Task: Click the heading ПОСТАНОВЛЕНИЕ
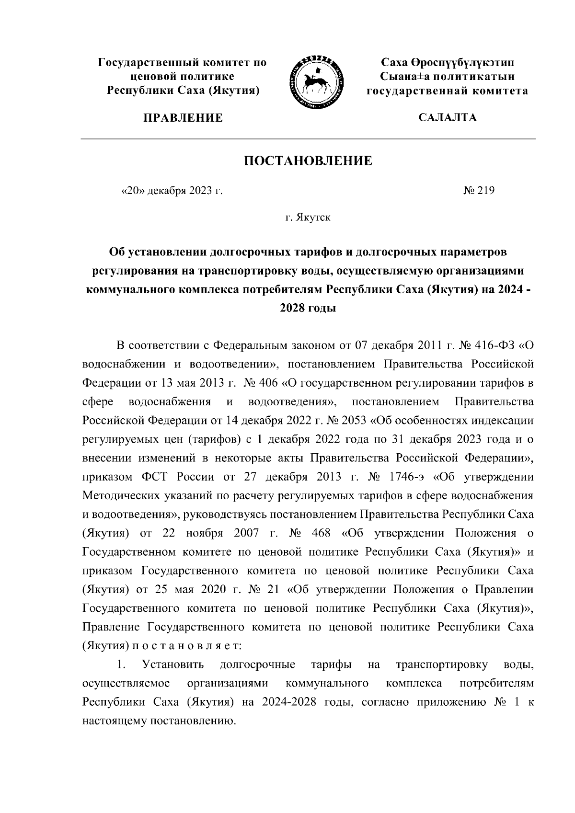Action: pyautogui.click(x=308, y=160)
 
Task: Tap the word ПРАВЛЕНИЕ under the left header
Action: pyautogui.click(x=183, y=118)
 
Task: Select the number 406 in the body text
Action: pyautogui.click(x=271, y=383)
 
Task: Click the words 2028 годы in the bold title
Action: pyautogui.click(x=308, y=309)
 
